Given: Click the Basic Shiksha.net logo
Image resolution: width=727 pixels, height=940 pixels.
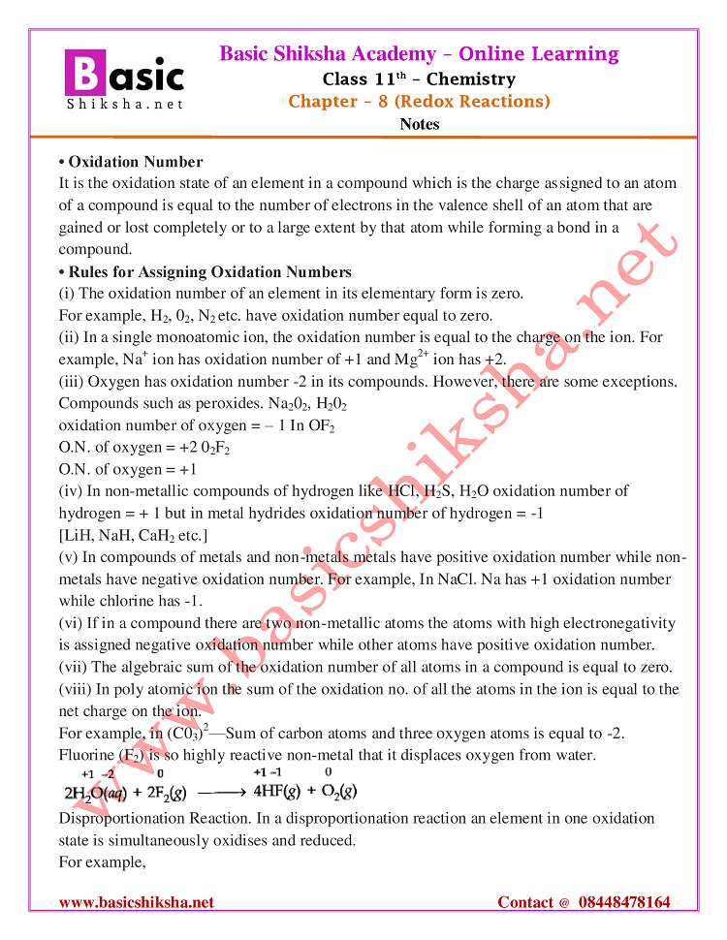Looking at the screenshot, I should click(x=123, y=78).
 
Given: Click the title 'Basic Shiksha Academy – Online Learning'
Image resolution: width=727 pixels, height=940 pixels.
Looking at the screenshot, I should click(x=419, y=53).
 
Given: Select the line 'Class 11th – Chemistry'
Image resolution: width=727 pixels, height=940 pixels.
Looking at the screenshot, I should click(x=419, y=78).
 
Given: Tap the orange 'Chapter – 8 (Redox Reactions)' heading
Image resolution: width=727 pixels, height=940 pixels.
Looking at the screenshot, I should click(x=419, y=101).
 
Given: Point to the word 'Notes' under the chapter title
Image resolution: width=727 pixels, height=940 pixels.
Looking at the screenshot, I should click(x=419, y=124).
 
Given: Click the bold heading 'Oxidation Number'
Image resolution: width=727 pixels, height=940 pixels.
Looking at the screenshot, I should click(x=135, y=162).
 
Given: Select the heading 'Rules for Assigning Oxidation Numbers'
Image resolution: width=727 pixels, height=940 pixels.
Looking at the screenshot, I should click(x=209, y=271).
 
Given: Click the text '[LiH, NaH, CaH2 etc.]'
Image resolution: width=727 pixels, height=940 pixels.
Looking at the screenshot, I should click(x=133, y=536).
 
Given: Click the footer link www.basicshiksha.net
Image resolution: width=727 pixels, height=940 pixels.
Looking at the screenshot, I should click(x=137, y=902).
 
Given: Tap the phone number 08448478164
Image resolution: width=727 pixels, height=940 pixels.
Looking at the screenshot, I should click(x=624, y=902).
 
